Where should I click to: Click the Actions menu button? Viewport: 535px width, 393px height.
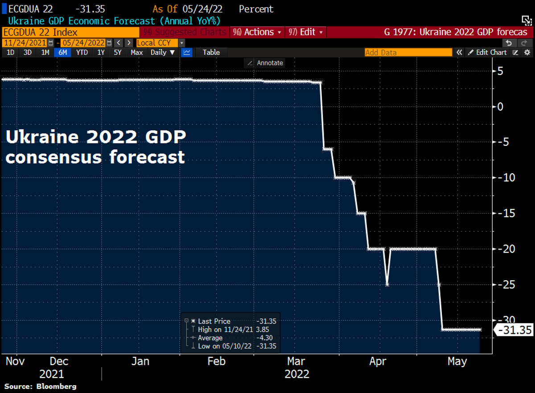pyautogui.click(x=257, y=32)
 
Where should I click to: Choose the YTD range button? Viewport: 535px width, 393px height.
pyautogui.click(x=82, y=52)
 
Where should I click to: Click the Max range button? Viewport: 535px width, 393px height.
pyautogui.click(x=137, y=52)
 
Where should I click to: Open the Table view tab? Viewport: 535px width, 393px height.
pyautogui.click(x=211, y=52)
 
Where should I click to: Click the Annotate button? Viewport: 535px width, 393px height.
pyautogui.click(x=266, y=63)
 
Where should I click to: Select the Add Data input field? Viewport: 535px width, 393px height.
pyautogui.click(x=408, y=52)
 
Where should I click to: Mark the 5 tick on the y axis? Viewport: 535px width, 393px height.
pyautogui.click(x=501, y=71)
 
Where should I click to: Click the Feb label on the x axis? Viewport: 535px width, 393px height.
pyautogui.click(x=217, y=361)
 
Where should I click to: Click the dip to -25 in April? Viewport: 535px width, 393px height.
pyautogui.click(x=387, y=284)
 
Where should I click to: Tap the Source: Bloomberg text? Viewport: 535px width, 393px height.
pyautogui.click(x=41, y=386)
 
